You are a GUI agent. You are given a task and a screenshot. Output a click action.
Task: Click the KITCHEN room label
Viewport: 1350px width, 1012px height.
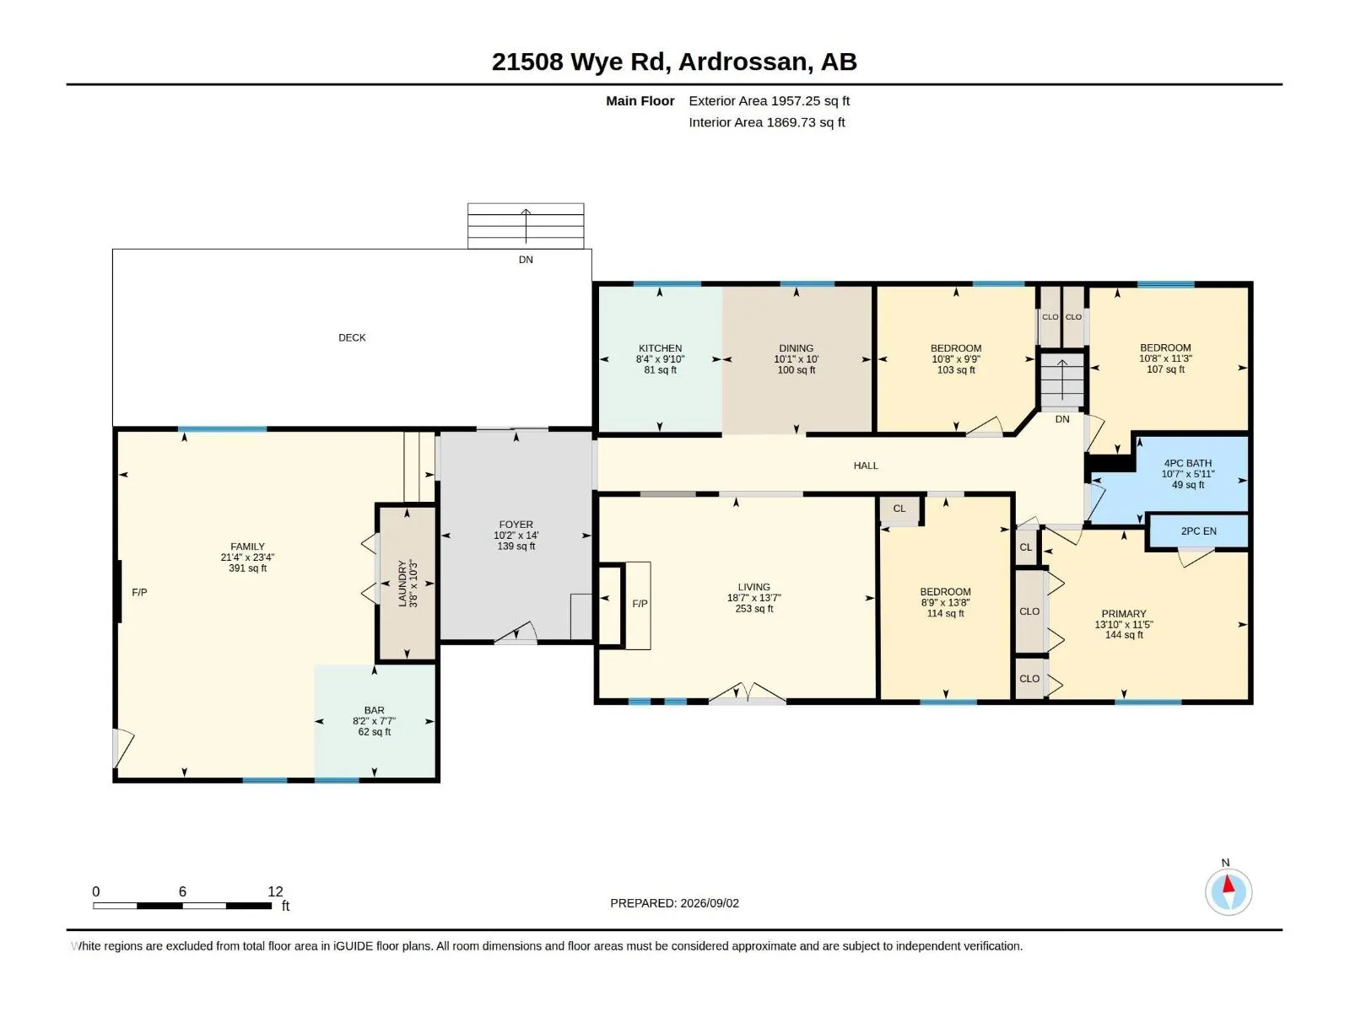pos(660,347)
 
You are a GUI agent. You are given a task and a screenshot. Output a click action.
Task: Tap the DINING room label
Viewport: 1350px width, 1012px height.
pos(796,347)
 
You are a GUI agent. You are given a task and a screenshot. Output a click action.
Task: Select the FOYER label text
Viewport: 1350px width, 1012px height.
pos(516,524)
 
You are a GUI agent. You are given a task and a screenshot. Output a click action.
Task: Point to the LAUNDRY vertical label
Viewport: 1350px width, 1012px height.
pos(402,583)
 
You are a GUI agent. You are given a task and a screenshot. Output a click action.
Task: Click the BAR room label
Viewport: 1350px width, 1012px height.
pos(374,710)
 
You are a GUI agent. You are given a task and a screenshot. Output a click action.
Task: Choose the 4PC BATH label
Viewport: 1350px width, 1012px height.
pos(1188,463)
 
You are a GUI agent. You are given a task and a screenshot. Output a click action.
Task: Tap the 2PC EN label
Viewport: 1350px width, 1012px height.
pos(1198,531)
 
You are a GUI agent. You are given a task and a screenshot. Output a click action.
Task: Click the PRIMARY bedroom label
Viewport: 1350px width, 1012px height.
pos(1124,613)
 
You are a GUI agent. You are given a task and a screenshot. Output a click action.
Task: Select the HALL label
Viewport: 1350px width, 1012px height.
pos(866,466)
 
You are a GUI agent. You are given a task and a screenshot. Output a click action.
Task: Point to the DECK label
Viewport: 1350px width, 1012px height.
pos(352,337)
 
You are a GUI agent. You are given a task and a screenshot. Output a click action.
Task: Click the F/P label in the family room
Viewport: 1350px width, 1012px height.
pos(139,592)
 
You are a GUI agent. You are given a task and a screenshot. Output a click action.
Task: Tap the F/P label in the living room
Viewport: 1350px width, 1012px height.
pos(640,603)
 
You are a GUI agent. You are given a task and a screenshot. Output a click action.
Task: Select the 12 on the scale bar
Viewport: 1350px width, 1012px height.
pos(275,891)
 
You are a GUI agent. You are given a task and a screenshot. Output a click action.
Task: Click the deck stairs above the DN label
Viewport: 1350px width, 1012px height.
pos(526,225)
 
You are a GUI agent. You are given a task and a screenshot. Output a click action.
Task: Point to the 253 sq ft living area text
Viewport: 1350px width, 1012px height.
pos(754,608)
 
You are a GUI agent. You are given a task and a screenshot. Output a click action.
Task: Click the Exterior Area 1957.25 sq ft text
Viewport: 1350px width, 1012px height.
pos(769,100)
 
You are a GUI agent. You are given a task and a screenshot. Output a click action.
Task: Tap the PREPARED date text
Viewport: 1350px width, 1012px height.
pos(674,902)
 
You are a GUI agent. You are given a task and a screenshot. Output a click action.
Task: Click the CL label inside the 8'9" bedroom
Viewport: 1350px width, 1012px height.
pos(899,509)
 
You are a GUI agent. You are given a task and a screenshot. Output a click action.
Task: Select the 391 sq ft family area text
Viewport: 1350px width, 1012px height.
pos(247,568)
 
